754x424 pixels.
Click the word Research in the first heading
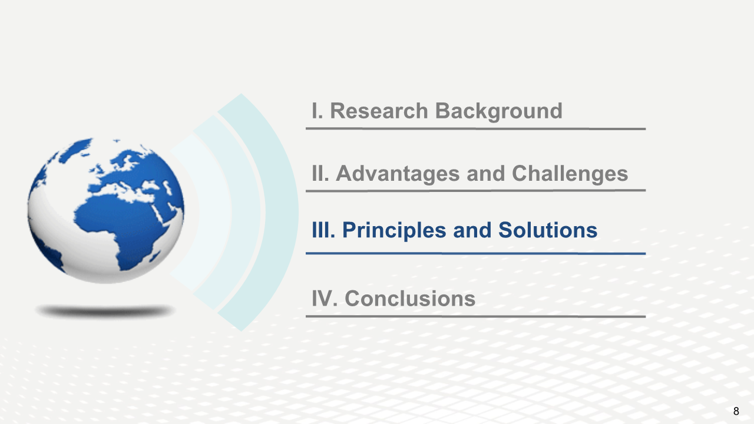379,111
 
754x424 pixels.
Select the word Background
499,112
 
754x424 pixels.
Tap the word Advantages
398,174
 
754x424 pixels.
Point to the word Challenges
570,174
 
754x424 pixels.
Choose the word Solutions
548,230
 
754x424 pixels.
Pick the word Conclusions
410,299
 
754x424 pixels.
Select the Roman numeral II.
320,174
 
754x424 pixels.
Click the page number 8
736,411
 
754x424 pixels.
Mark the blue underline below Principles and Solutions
475,253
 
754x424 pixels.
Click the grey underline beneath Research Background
475,128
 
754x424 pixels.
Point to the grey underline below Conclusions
475,316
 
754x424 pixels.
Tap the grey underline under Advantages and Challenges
475,191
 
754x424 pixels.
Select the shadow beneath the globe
105,311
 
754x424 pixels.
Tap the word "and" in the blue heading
472,230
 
